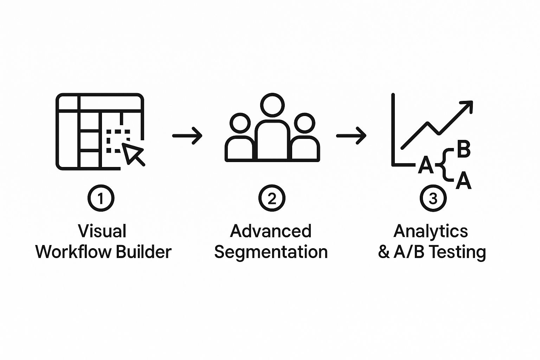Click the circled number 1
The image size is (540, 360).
[101, 198]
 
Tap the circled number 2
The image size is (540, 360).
[272, 198]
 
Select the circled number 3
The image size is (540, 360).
[433, 198]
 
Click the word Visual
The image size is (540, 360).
[102, 231]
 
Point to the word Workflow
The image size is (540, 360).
[74, 252]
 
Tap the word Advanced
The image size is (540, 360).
[271, 231]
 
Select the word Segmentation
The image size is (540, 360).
[271, 252]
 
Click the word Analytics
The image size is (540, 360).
[431, 231]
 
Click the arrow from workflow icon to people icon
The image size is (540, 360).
[187, 135]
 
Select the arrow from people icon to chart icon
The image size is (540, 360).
[351, 135]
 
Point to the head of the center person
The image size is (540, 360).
[272, 105]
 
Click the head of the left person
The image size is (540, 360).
[240, 123]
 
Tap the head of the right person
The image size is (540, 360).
[304, 123]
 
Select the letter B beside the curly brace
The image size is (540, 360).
[463, 149]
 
